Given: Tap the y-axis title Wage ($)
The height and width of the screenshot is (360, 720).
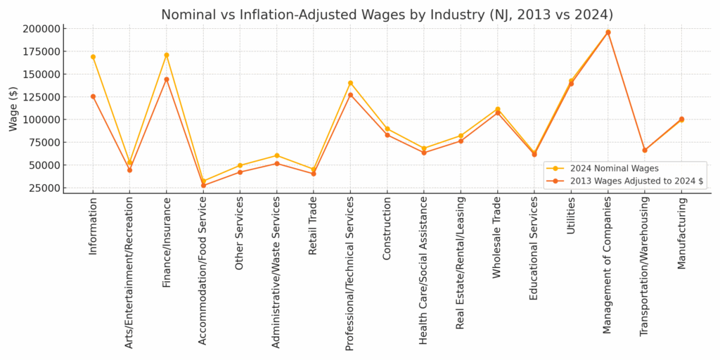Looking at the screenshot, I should click(x=13, y=108).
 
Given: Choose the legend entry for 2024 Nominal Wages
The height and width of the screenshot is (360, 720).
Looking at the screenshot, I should click(x=610, y=168).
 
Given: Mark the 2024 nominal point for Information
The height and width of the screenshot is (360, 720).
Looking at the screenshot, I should click(x=93, y=57).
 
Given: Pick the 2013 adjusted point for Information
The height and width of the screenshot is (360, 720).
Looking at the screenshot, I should click(x=93, y=96).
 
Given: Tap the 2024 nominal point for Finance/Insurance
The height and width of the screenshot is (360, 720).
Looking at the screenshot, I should click(x=167, y=55).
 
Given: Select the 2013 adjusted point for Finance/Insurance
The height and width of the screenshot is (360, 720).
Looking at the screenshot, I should click(x=167, y=79).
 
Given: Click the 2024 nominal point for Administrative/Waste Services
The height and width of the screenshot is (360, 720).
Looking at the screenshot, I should click(x=276, y=155).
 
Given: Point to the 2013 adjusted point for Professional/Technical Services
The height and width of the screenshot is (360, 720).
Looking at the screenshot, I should click(x=350, y=95).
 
